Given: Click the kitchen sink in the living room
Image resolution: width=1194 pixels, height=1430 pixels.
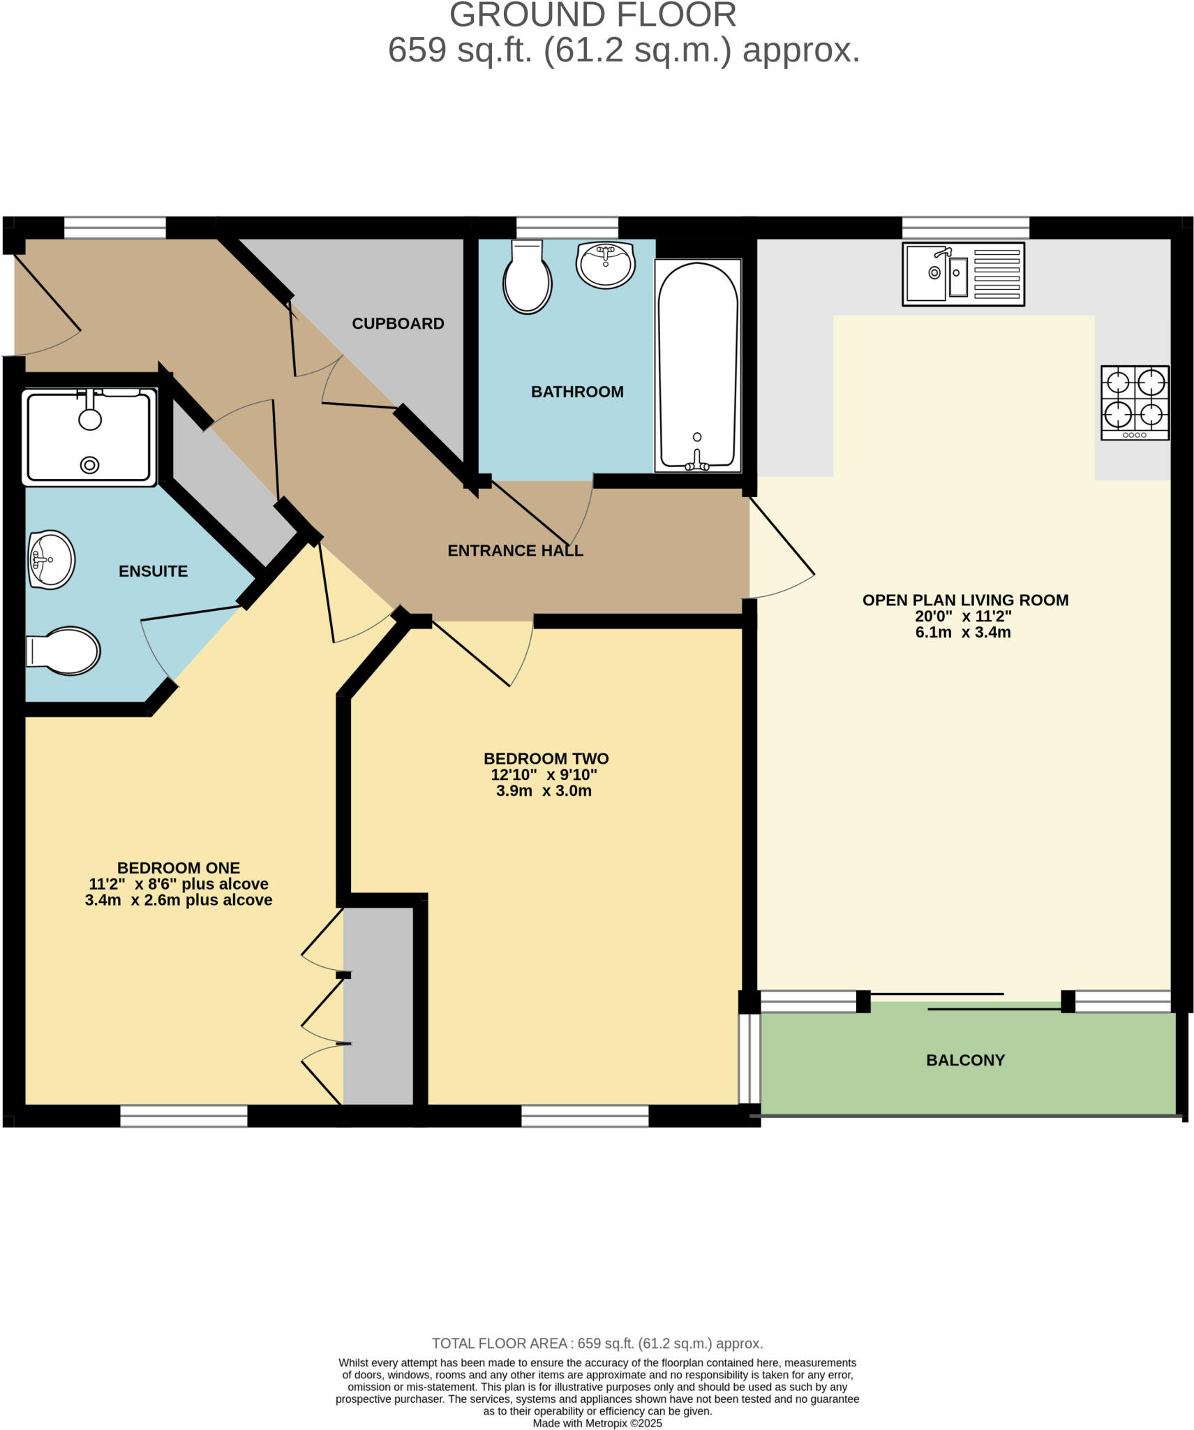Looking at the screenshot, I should (963, 274).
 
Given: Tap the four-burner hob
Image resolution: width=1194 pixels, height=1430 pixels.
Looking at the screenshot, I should (1135, 402).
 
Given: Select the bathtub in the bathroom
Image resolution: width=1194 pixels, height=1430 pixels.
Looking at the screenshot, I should (697, 366).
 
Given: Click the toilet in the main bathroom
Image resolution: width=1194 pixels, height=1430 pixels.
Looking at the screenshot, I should (528, 278).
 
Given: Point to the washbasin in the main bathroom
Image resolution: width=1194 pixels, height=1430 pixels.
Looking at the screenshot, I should (606, 265).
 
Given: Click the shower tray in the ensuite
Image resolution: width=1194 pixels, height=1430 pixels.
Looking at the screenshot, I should (89, 437).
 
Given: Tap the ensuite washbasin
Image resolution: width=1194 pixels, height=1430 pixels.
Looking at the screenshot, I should (51, 559).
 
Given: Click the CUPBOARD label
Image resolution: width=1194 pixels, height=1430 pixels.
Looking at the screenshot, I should (398, 323).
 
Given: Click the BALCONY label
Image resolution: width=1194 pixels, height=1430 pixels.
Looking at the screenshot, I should (965, 1060).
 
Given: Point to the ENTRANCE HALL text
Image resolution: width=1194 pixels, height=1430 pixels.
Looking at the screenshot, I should (515, 550).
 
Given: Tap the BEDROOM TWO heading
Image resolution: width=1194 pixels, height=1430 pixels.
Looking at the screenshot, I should (546, 758).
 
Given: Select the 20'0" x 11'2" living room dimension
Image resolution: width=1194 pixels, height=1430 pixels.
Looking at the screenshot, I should (963, 616).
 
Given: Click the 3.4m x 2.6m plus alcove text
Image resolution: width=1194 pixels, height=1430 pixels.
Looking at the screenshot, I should (179, 900).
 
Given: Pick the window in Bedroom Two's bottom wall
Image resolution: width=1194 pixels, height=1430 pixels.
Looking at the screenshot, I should (585, 1116).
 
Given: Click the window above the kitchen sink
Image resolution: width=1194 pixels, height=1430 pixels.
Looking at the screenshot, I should (965, 228).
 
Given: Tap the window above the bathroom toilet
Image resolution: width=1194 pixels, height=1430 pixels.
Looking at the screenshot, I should (567, 228).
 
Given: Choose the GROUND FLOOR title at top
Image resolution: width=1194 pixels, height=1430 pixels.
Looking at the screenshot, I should (592, 15).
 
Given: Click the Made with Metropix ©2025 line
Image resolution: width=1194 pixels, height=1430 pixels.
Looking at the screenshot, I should (597, 1423).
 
